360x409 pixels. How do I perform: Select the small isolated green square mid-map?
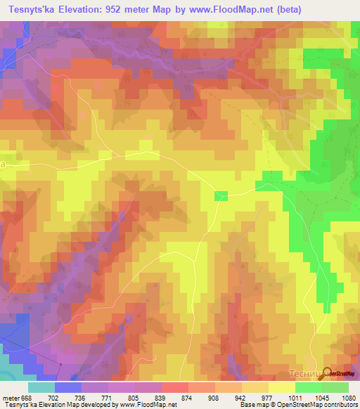click(221, 195)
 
